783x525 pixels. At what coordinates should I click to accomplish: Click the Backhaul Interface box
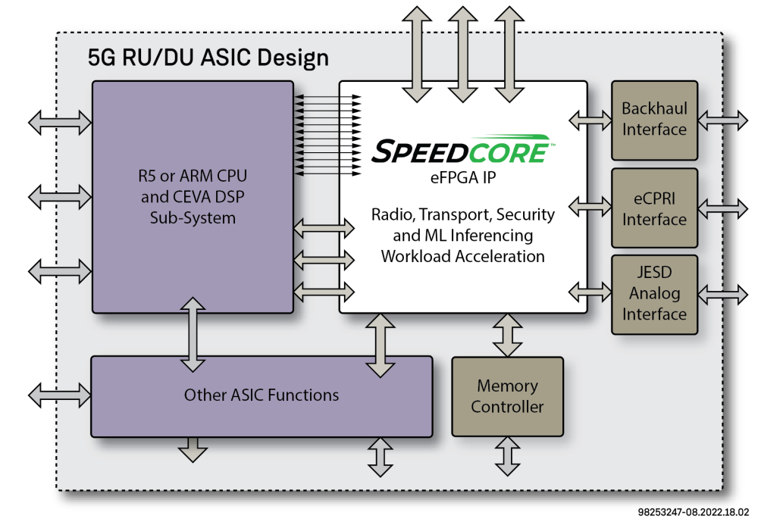click(x=654, y=120)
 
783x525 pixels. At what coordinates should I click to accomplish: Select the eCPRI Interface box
click(x=654, y=208)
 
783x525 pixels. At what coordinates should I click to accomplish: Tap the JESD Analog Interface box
click(x=654, y=294)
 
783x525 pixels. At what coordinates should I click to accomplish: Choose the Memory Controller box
click(x=507, y=396)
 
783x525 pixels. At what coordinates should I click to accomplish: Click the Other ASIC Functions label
click(x=262, y=395)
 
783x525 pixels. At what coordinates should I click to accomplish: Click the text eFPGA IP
click(x=463, y=179)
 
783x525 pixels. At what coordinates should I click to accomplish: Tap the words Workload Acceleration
click(x=463, y=256)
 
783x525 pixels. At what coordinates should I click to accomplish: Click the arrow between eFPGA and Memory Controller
click(x=507, y=334)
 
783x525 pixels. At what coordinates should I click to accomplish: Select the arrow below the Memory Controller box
click(x=507, y=455)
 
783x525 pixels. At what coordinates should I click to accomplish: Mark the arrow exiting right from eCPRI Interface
click(x=722, y=207)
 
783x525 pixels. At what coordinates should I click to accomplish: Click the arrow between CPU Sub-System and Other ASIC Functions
click(x=193, y=334)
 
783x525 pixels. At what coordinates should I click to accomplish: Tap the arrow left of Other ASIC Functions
click(x=59, y=395)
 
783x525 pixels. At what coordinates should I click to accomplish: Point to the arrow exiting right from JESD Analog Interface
click(x=722, y=293)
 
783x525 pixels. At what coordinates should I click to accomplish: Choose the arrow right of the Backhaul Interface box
click(x=722, y=120)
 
